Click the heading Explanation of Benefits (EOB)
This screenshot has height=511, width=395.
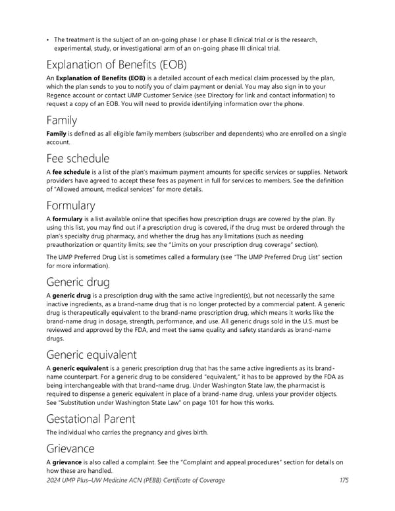pyautogui.click(x=117, y=65)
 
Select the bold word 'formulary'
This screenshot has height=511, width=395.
pyautogui.click(x=68, y=219)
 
